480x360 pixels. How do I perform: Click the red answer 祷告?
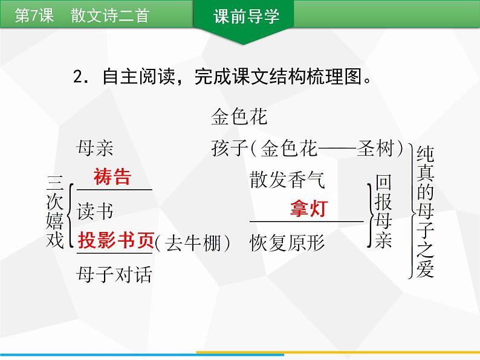[x=112, y=177]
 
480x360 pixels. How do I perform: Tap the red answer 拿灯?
[x=308, y=209]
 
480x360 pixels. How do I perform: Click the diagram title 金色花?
[x=239, y=117]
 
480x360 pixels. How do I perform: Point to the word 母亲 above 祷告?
[x=95, y=148]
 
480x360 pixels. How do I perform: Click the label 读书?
[x=95, y=211]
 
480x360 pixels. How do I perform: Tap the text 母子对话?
[x=114, y=275]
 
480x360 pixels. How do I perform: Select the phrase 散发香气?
[x=287, y=179]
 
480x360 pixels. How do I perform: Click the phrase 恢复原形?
[x=287, y=243]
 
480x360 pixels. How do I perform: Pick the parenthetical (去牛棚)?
[x=193, y=243]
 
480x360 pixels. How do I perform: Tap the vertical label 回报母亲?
[x=383, y=211]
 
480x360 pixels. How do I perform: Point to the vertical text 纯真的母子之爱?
[x=425, y=210]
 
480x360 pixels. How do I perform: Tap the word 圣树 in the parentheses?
[x=375, y=148]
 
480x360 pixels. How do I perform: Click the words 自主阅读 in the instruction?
[x=138, y=77]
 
